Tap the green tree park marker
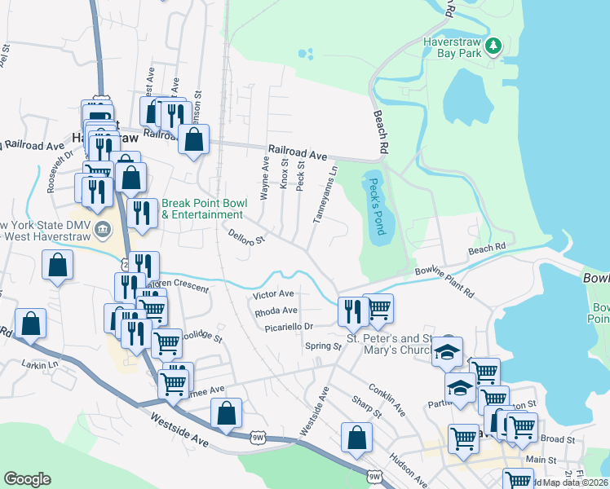pyautogui.click(x=493, y=46)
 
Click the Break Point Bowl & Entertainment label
pyautogui.click(x=202, y=209)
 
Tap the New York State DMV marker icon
pyautogui.click(x=102, y=229)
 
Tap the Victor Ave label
pyautogui.click(x=273, y=293)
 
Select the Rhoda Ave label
pyautogui.click(x=276, y=311)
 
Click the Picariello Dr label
pyautogui.click(x=289, y=327)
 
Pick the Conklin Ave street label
pyautogui.click(x=387, y=399)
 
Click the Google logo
pyautogui.click(x=27, y=479)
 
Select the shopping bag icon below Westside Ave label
pyautogui.click(x=356, y=437)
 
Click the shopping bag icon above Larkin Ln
pyautogui.click(x=30, y=324)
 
